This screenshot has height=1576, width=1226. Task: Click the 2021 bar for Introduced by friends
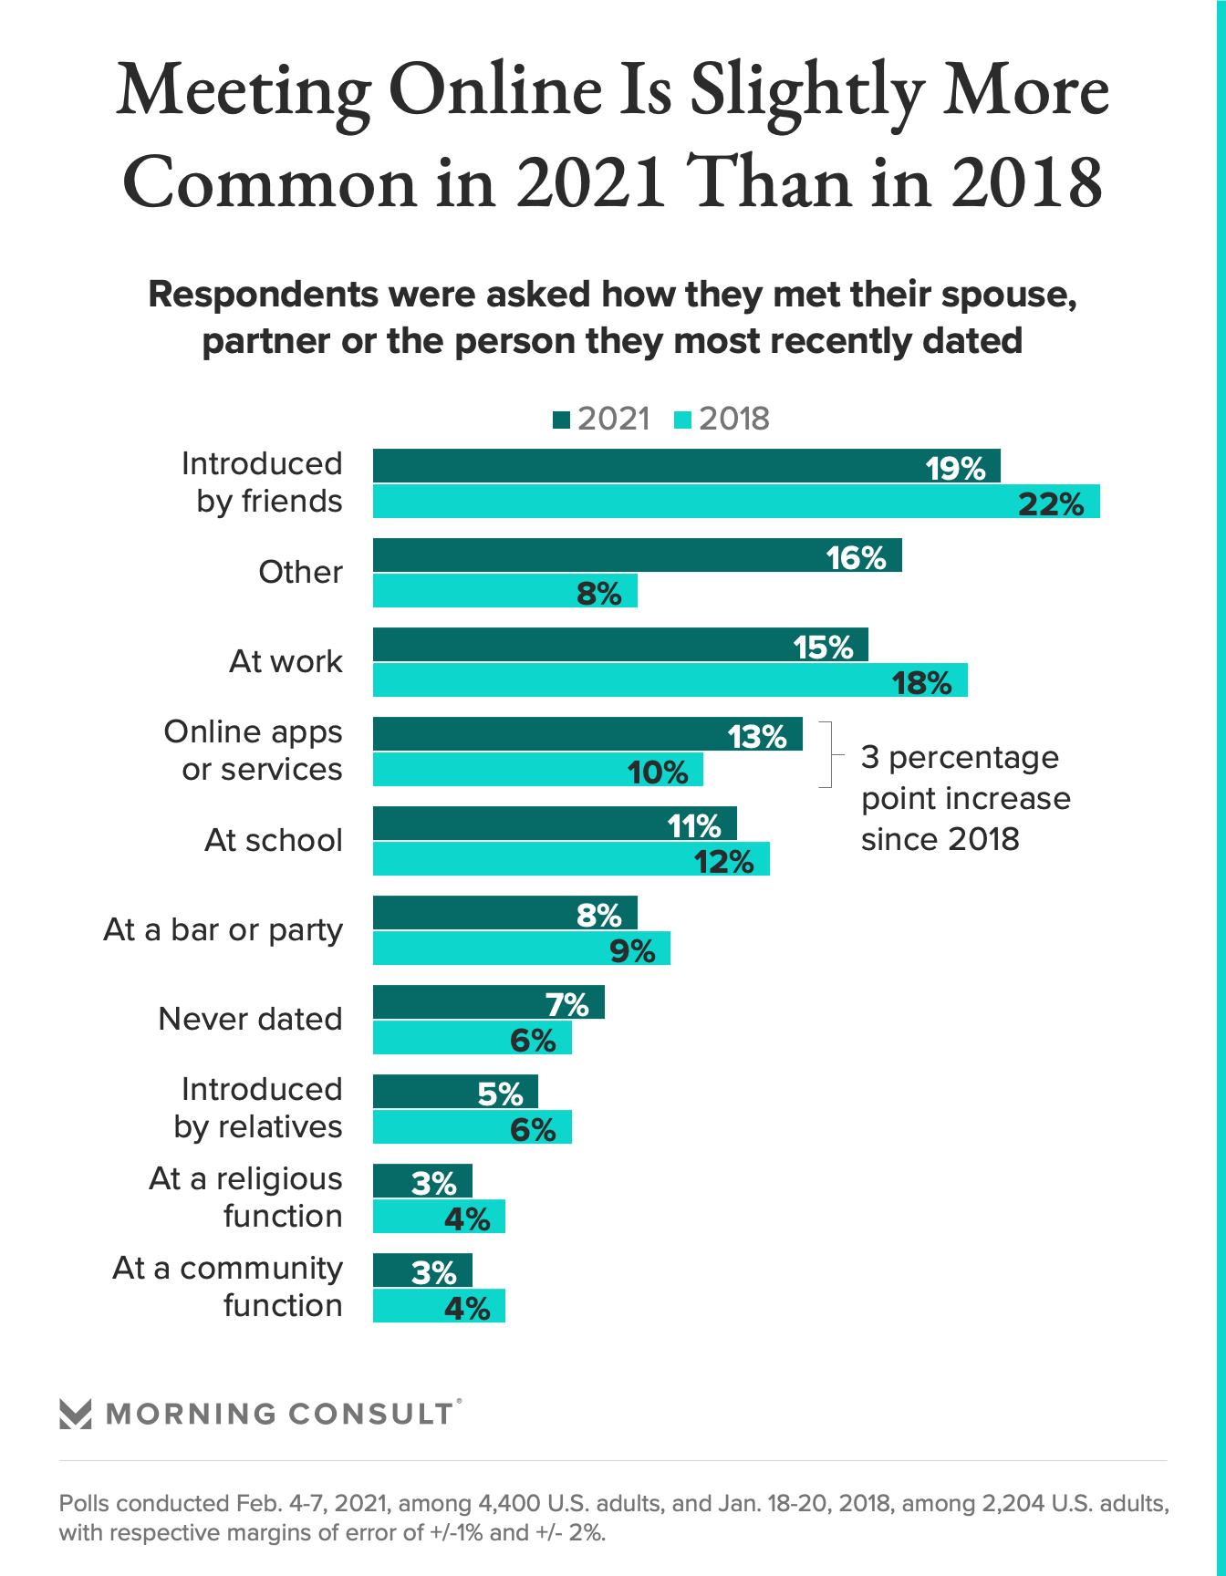click(x=686, y=466)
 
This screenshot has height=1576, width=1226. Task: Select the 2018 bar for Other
click(x=504, y=591)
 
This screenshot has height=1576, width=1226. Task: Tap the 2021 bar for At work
click(x=620, y=645)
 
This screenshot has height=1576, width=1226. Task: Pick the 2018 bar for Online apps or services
click(x=537, y=770)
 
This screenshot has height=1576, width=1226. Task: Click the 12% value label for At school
click(x=724, y=861)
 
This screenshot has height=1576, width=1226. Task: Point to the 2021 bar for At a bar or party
click(x=504, y=913)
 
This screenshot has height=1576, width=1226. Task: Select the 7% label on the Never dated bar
click(x=567, y=1004)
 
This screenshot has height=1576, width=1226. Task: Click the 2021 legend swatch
click(x=561, y=420)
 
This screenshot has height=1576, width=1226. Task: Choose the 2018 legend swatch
click(x=682, y=420)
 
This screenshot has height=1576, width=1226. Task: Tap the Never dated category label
click(x=250, y=1019)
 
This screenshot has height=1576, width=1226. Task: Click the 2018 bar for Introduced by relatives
click(x=472, y=1127)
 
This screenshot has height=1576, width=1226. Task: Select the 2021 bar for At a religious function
click(x=422, y=1181)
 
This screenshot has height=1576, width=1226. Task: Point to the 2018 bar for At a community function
click(x=439, y=1306)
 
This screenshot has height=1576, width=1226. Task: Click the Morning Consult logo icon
click(x=75, y=1414)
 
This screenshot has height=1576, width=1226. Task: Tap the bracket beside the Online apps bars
click(x=826, y=754)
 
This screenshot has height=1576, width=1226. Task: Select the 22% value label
click(x=1051, y=503)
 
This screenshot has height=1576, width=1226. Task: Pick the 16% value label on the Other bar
click(x=856, y=557)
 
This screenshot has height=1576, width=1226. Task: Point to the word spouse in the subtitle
click(x=1006, y=295)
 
